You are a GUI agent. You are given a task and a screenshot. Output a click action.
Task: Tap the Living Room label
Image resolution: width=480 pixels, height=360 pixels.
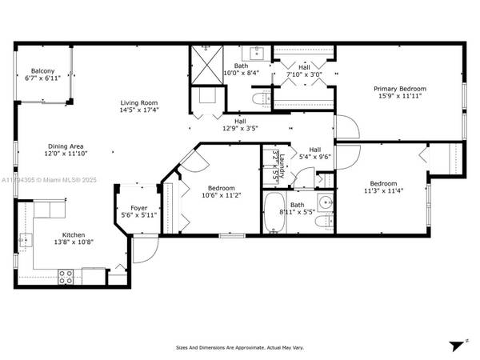pyautogui.click(x=138, y=102)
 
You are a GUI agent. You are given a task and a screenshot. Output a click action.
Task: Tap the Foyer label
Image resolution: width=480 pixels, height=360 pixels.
pyautogui.click(x=140, y=207)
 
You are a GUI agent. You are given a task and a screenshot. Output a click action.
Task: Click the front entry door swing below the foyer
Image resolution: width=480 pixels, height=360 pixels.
pyautogui.click(x=143, y=250)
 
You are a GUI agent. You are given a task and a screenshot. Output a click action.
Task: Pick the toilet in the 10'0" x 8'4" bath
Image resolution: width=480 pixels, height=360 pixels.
pyautogui.click(x=258, y=98)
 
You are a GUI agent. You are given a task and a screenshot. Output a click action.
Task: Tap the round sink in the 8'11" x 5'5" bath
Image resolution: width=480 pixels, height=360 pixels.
pyautogui.click(x=325, y=202)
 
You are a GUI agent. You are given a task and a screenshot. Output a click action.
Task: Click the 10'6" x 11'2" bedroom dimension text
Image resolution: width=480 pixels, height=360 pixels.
pyautogui.click(x=210, y=195)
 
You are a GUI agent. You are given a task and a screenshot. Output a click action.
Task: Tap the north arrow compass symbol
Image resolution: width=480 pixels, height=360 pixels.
pyautogui.click(x=457, y=346)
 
